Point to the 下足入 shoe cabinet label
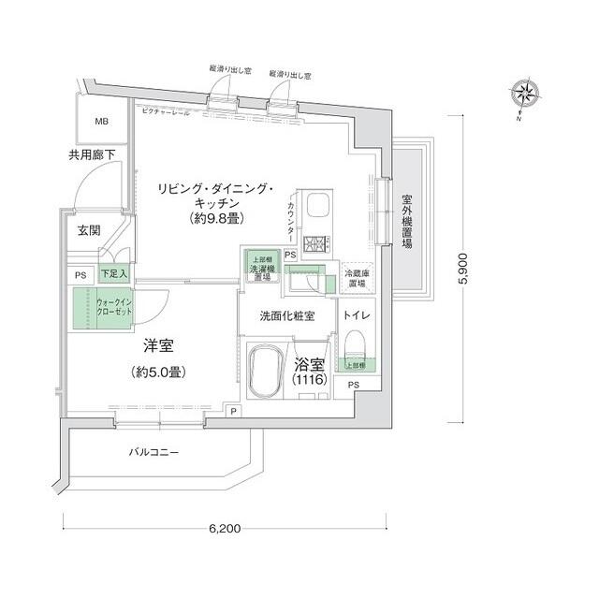tap(114, 274)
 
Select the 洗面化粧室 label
tap(288, 316)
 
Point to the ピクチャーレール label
tap(166, 112)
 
